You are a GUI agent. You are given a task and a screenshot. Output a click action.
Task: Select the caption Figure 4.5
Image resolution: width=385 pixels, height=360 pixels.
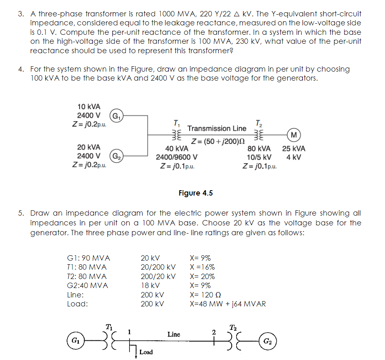click(195, 193)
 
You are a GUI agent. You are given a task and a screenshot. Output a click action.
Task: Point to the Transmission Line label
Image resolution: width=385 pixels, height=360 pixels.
click(217, 128)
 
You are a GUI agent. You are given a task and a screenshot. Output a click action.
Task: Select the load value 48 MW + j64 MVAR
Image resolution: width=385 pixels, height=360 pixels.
click(228, 304)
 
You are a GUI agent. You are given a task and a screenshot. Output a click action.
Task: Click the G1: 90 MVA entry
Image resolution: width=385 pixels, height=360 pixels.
click(88, 258)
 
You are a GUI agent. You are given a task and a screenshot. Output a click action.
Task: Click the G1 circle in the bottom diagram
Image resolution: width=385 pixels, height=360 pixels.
click(76, 340)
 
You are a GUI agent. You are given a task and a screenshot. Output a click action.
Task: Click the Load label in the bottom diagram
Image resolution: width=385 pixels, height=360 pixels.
click(146, 352)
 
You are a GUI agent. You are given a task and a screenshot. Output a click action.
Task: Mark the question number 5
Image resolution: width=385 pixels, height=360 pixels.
click(20, 213)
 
